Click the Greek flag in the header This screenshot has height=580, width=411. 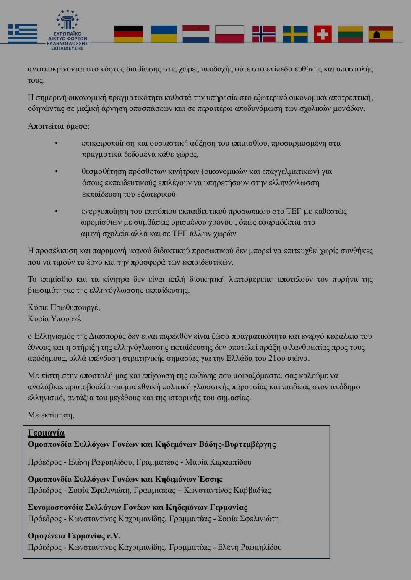23,34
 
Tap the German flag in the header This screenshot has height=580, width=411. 129,34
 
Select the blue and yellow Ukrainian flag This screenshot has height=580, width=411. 164,34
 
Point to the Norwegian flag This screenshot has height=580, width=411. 264,34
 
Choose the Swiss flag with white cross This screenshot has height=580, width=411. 323,34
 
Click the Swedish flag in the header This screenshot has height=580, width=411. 295,34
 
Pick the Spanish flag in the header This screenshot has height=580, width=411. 380,34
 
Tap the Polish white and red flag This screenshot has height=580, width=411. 229,34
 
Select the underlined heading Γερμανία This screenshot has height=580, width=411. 46,433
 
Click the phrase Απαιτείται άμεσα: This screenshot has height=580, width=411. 58,126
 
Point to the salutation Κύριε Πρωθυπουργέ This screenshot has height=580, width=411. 64,307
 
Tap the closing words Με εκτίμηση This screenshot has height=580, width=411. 51,415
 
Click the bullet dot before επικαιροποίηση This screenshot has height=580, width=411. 57,144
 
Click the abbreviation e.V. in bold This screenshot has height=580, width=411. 114,535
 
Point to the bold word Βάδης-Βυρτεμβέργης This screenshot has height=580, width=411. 237,444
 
